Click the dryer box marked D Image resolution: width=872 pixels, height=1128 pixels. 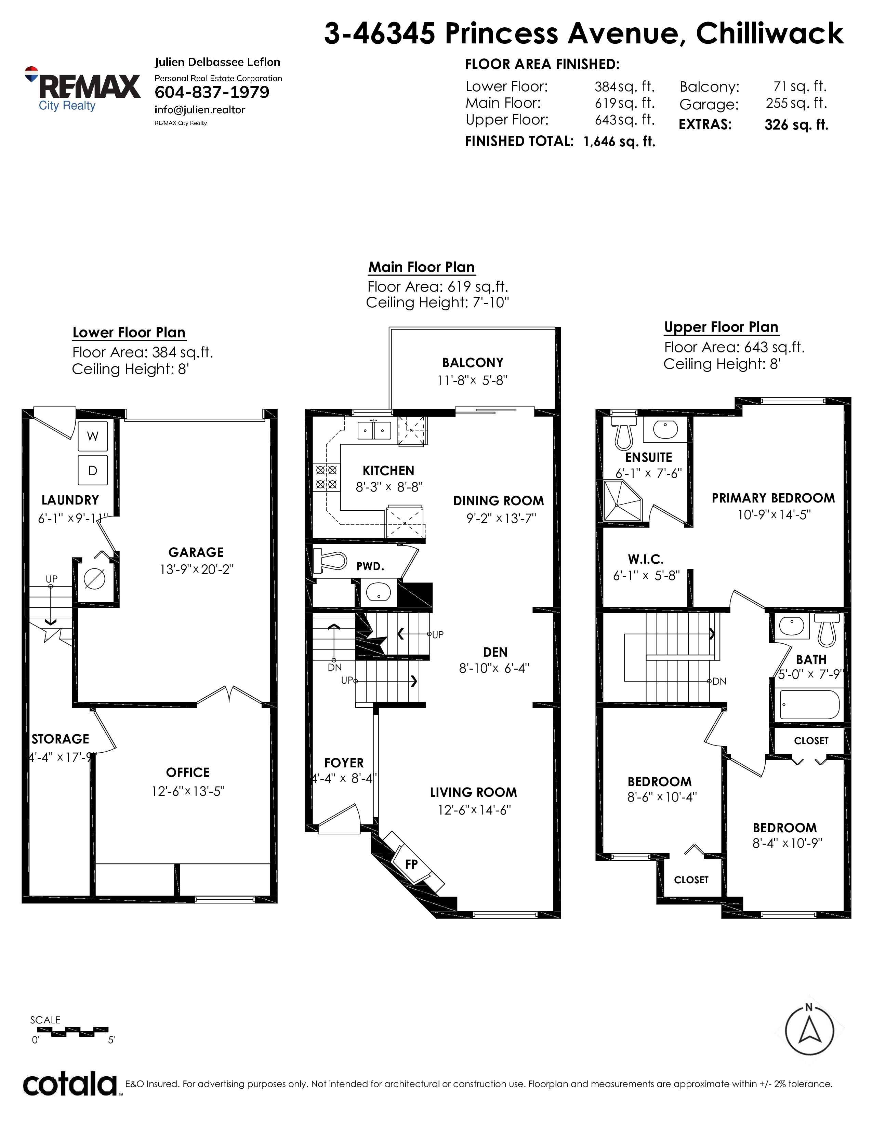coord(92,470)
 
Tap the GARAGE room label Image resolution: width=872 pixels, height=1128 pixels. coord(196,553)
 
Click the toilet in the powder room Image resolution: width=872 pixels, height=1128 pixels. coord(330,560)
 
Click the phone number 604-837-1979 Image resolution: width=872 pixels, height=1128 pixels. coord(212,92)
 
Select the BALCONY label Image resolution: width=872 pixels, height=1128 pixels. coord(473,363)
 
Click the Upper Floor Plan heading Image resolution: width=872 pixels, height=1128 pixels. coord(721,327)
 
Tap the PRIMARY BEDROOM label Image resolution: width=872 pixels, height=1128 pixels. coord(773,498)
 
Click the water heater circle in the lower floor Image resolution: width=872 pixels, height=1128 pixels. coord(94,578)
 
